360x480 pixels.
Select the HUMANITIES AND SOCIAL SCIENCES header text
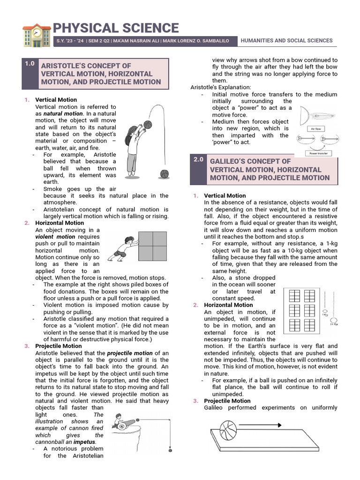[286, 41]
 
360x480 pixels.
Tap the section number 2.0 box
[198, 159]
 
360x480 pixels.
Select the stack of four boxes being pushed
[152, 246]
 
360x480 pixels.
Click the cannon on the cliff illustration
[126, 424]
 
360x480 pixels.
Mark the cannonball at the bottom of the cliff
[170, 450]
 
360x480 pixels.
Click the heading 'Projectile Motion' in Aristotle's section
[59, 346]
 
